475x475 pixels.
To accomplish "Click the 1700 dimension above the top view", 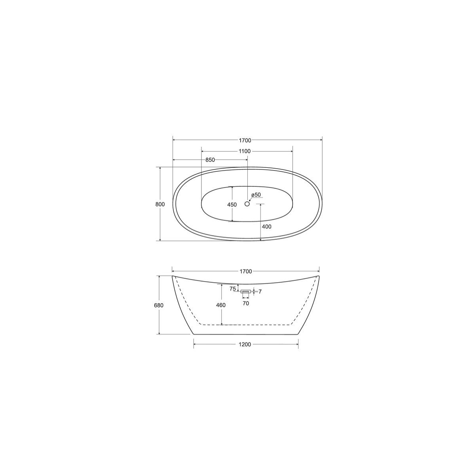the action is click(x=245, y=140).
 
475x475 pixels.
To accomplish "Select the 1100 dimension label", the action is click(x=245, y=151).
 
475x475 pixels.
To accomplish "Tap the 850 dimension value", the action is click(x=210, y=160).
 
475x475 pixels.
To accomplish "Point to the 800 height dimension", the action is click(x=160, y=204).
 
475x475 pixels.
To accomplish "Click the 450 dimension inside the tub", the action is click(x=232, y=205).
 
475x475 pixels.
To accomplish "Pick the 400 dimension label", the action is click(x=267, y=226).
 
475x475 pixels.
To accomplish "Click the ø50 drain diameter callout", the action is click(x=256, y=195).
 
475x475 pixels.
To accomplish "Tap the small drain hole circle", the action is click(x=247, y=203).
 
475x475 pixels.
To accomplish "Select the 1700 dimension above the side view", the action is click(x=246, y=272).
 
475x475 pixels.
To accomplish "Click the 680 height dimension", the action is click(x=159, y=305).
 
